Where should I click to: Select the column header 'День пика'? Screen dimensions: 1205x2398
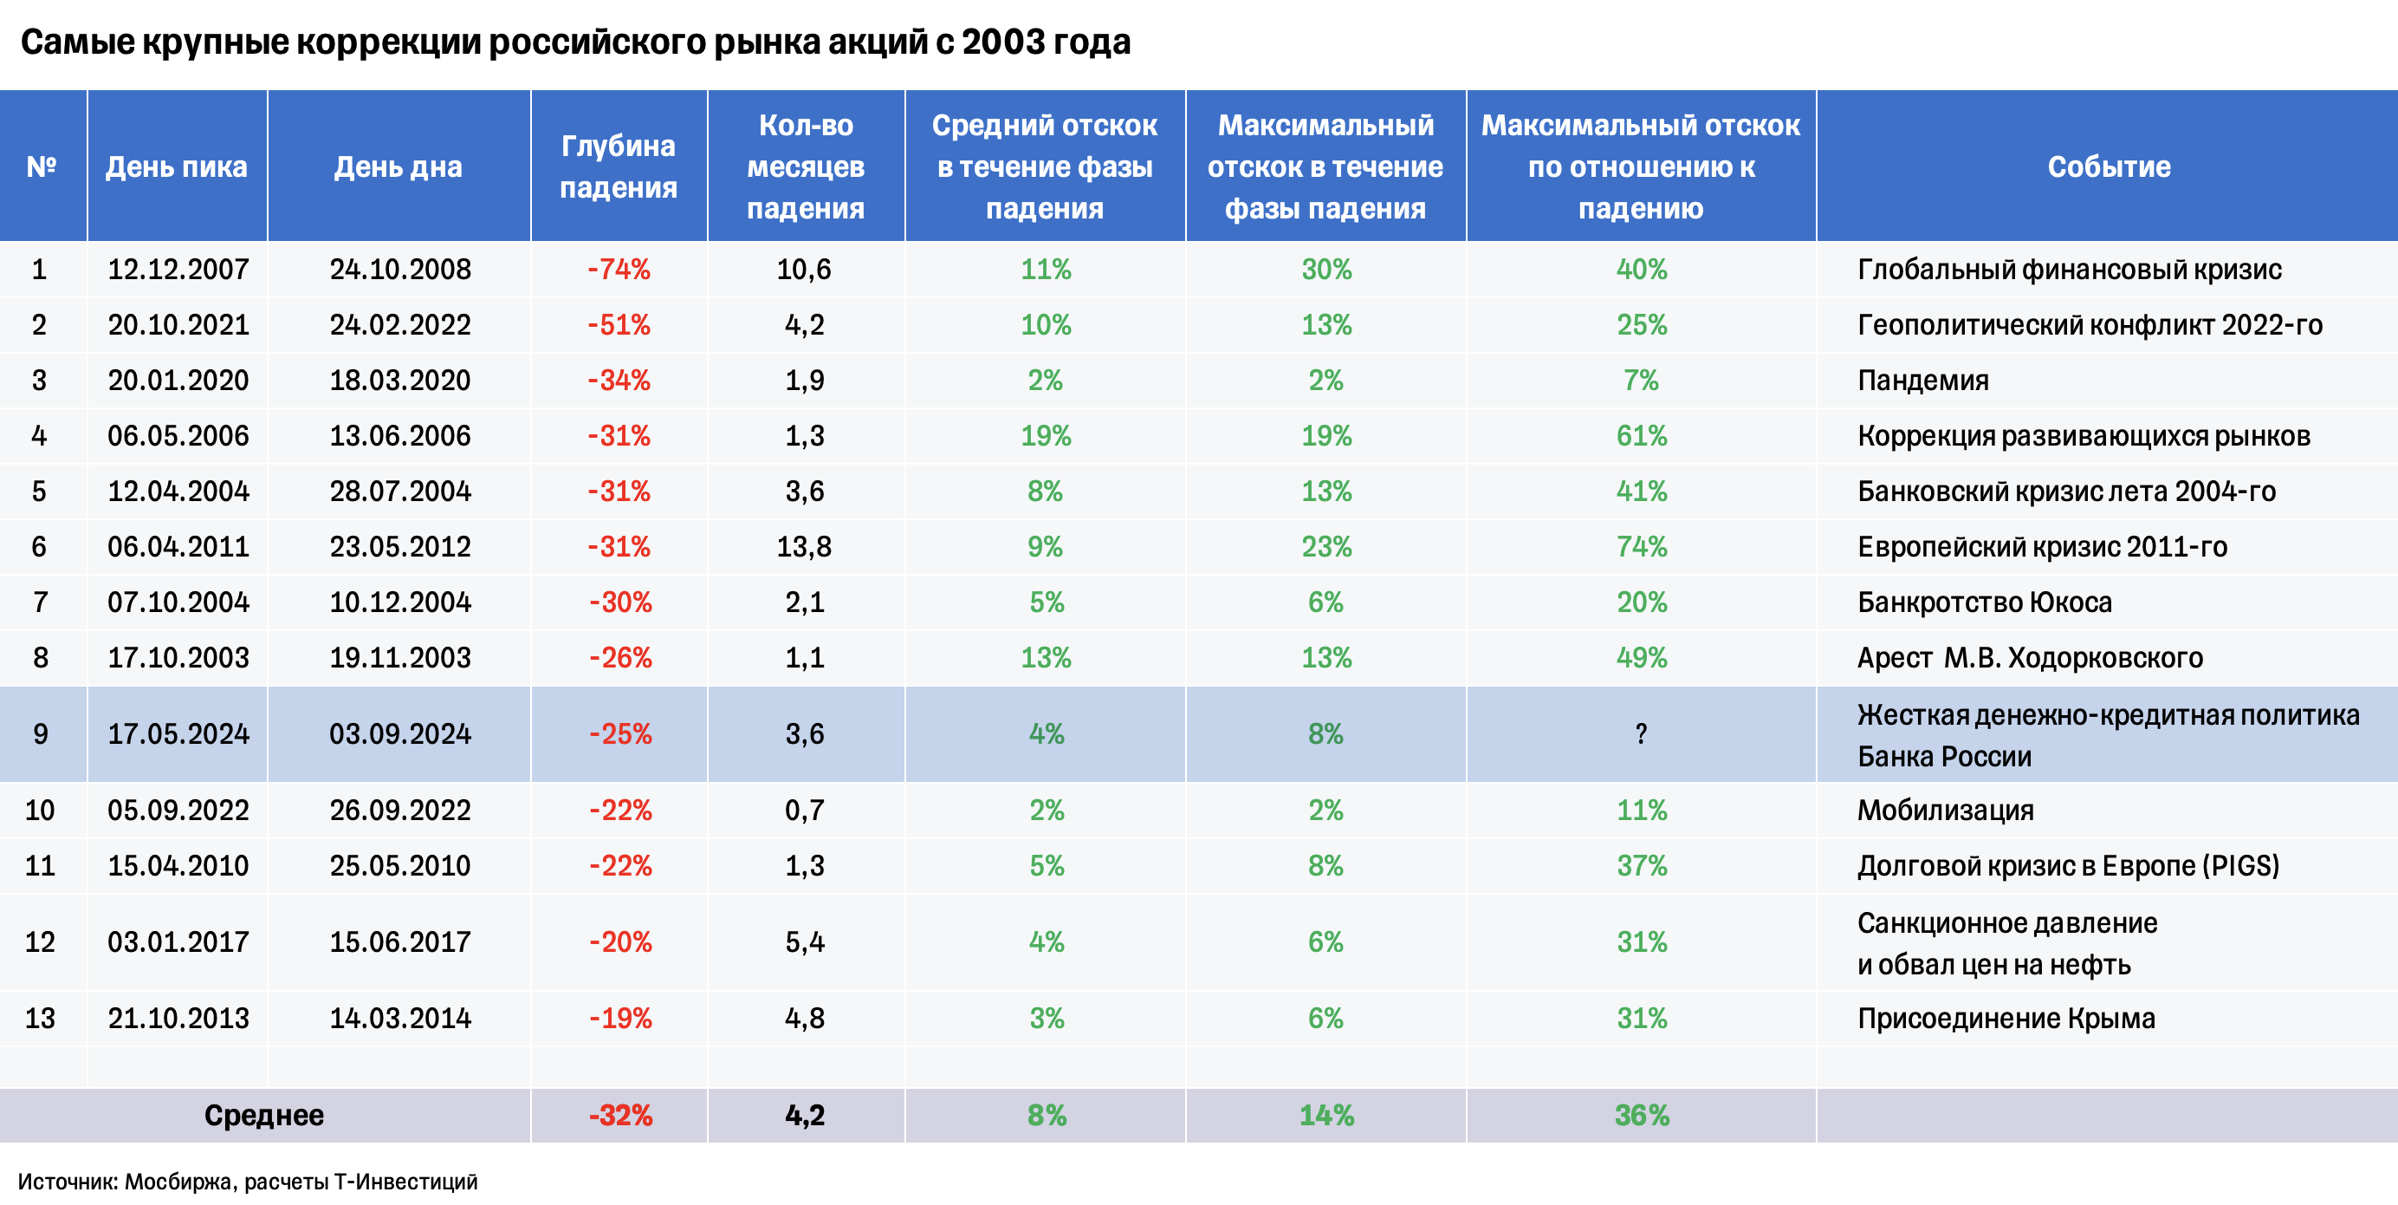coord(176,166)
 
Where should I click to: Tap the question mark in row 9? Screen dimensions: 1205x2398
coord(1640,733)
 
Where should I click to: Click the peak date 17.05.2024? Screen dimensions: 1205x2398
coord(178,733)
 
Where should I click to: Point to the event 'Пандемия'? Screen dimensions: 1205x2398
coord(1922,380)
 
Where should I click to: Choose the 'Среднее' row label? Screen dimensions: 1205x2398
coord(263,1115)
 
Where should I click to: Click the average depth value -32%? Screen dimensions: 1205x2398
coord(620,1115)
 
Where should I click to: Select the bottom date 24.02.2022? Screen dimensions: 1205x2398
coord(399,325)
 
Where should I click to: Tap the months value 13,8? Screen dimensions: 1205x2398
coord(804,547)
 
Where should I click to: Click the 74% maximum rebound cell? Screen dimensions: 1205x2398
coord(1640,547)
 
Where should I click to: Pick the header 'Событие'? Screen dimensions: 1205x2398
coord(2109,166)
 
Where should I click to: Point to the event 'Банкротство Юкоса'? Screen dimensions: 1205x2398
coord(1984,602)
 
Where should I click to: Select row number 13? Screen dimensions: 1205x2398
coord(40,1018)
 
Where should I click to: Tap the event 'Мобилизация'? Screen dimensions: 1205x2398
coord(1945,811)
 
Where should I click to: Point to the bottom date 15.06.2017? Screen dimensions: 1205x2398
coord(399,941)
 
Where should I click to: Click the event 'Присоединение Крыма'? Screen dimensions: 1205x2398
coord(2006,1018)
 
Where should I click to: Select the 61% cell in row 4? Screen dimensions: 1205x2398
coord(1640,436)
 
